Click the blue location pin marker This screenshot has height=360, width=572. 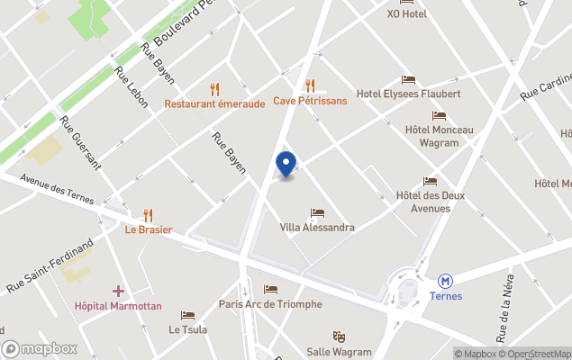[x=286, y=164]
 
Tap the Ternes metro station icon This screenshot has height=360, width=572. [x=445, y=281]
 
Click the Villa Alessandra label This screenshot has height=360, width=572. [x=317, y=228]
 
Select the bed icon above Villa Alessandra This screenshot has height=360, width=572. [x=317, y=213]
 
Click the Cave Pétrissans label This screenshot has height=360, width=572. [x=310, y=101]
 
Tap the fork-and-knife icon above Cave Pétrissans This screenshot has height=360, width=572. [x=310, y=86]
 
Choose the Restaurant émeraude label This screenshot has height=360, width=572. [x=214, y=103]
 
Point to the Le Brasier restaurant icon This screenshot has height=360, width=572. [x=149, y=215]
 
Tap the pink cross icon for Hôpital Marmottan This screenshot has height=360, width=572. [x=118, y=291]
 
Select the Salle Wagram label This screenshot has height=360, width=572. [x=339, y=351]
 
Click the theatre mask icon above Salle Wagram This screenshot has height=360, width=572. [x=339, y=337]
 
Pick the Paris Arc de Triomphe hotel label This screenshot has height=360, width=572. [x=270, y=304]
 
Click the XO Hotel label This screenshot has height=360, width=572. [x=407, y=14]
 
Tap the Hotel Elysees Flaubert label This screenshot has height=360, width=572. [x=408, y=94]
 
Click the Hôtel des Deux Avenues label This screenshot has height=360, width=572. [x=430, y=202]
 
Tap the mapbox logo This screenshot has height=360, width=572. [x=40, y=348]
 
